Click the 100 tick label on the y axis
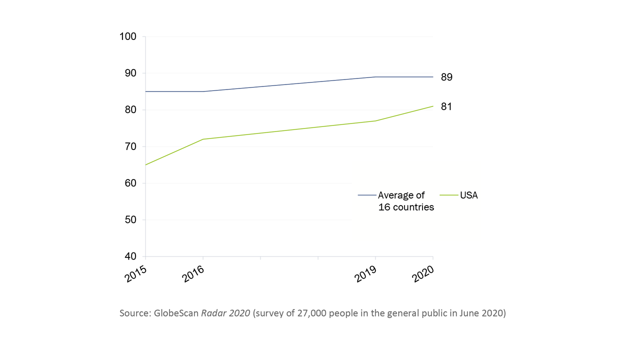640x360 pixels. coord(127,36)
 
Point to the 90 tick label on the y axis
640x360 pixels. coord(130,73)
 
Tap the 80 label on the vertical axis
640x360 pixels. coord(130,109)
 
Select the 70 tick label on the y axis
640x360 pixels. coord(130,146)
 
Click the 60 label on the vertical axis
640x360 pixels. coord(130,183)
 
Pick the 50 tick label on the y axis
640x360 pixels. coord(130,219)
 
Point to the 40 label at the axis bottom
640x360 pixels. coord(130,256)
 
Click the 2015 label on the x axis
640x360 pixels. coord(135,274)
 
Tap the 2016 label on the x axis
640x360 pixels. coord(193,274)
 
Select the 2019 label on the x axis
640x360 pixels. coord(365,274)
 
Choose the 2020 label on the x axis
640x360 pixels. coord(423,274)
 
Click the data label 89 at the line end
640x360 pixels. coord(446,77)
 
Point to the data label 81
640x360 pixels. coord(446,106)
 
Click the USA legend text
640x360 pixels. coord(469,195)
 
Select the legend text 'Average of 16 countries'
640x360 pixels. coord(406,201)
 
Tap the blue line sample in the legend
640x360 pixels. coord(367,195)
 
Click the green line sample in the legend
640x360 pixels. coord(449,195)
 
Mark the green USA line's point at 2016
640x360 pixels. coord(203,139)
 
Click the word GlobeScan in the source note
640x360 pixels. coord(176,313)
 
